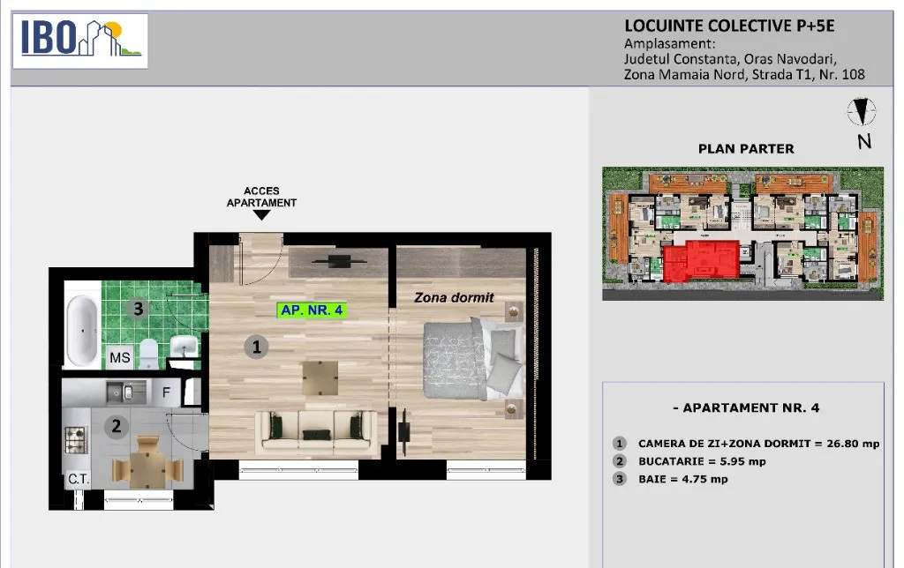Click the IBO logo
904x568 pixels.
(x=79, y=40)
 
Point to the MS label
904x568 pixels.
(x=119, y=358)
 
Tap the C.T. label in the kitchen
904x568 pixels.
(x=79, y=479)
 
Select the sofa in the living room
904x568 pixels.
(x=315, y=430)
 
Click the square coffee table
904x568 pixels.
(x=319, y=377)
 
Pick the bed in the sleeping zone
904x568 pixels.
(x=472, y=359)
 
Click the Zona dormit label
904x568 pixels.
(x=454, y=298)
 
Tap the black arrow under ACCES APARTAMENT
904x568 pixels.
(x=261, y=215)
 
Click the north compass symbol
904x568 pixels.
(x=862, y=112)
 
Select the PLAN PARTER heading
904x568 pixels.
(x=746, y=149)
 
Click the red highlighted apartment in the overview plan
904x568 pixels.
(x=702, y=262)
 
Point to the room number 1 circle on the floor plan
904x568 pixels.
(x=256, y=347)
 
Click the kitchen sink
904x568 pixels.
(x=119, y=389)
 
